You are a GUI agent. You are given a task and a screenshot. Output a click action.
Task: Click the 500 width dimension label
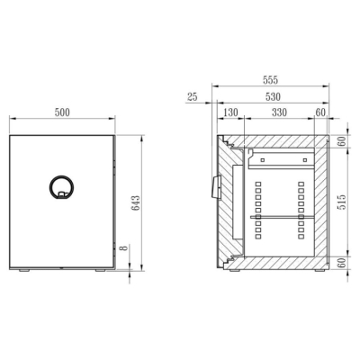pyautogui.click(x=62, y=112)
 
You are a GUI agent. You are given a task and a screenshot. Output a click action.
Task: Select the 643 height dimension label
pyautogui.click(x=136, y=203)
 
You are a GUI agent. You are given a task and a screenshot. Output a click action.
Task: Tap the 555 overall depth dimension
pyautogui.click(x=270, y=80)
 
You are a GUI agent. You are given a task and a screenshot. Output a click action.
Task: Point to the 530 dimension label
pyautogui.click(x=273, y=96)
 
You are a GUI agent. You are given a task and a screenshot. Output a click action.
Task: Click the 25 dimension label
pyautogui.click(x=193, y=96)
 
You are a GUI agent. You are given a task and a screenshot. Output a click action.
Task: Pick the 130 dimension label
pyautogui.click(x=230, y=112)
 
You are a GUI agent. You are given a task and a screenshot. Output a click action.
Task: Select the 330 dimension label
pyautogui.click(x=279, y=112)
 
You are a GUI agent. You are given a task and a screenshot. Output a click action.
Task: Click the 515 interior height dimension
pyautogui.click(x=342, y=202)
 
